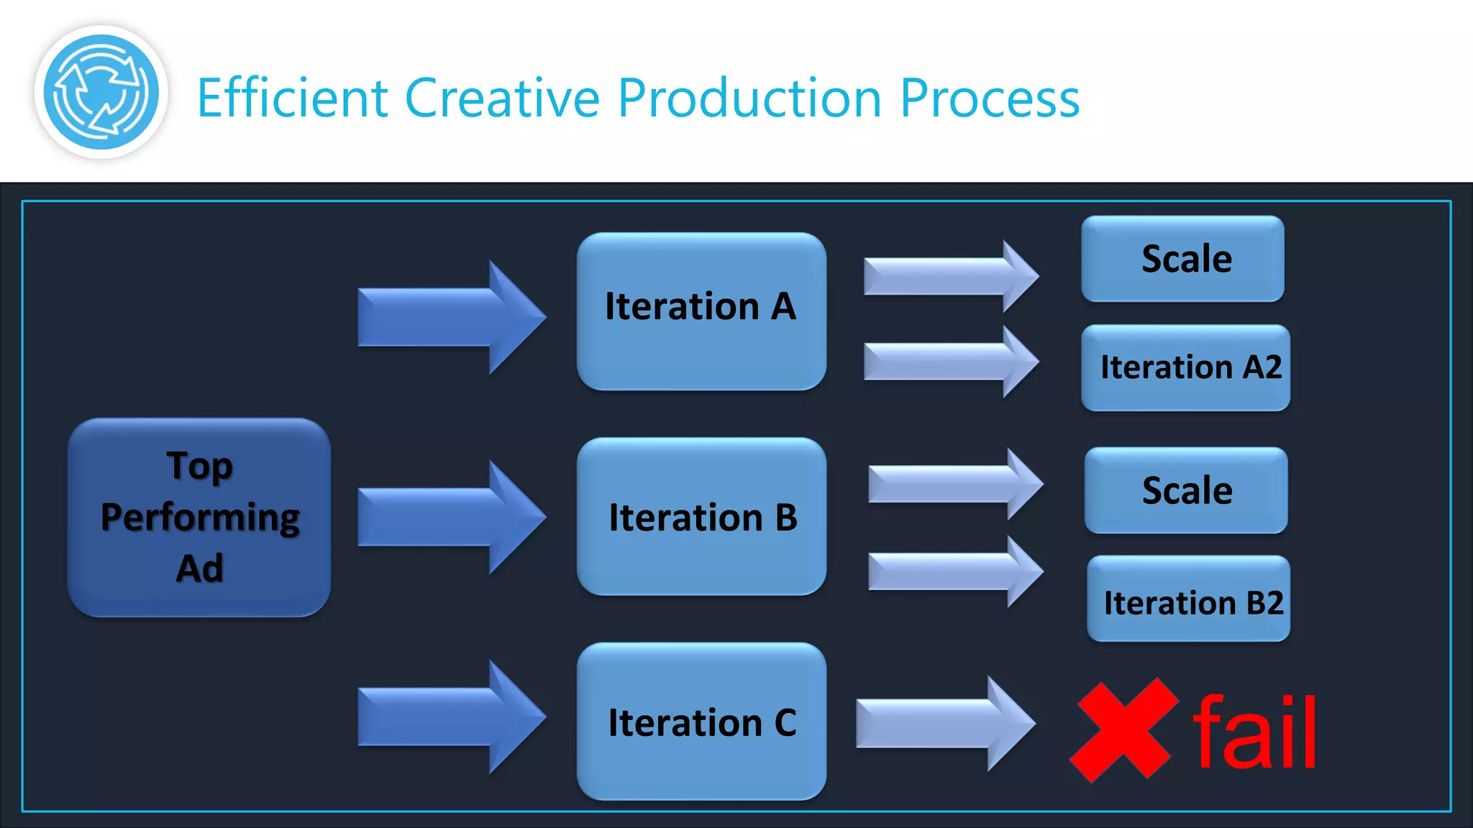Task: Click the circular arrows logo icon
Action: coord(101,92)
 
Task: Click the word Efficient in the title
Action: coord(292,98)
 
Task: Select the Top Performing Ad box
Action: coord(199,517)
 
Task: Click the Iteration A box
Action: coord(701,310)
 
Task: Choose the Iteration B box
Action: coord(701,516)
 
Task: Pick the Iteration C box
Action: coord(701,721)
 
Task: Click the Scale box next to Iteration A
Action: coord(1183,259)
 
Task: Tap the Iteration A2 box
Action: coord(1186,367)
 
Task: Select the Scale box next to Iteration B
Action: coord(1186,490)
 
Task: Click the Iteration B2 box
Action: coord(1189,599)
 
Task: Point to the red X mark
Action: coord(1123,730)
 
